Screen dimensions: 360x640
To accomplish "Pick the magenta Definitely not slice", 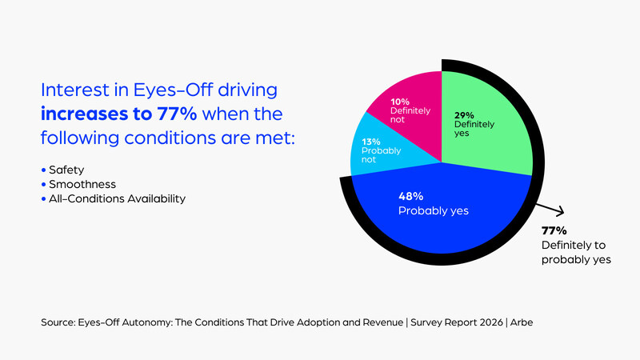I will click(x=404, y=104).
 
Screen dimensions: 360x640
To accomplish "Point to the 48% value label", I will click(x=411, y=196).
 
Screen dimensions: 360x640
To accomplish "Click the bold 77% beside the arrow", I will click(x=554, y=231).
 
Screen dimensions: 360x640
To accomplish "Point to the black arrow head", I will click(x=561, y=212).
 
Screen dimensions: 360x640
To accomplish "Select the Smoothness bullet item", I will click(x=80, y=184).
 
